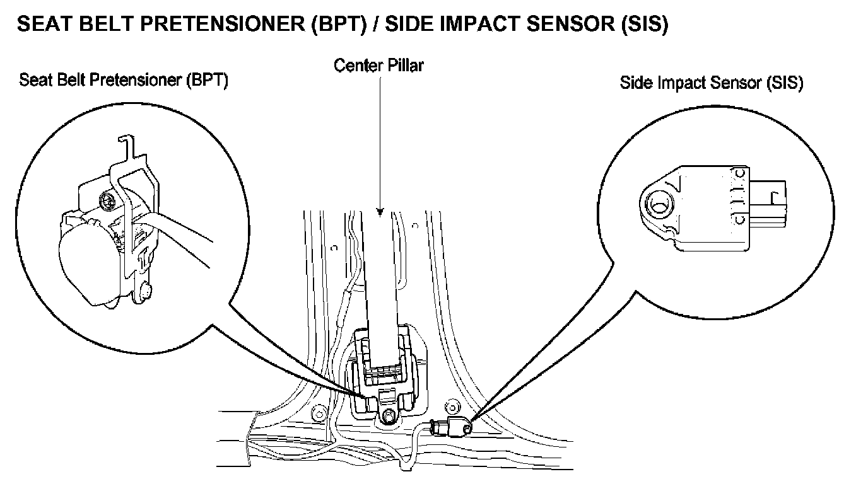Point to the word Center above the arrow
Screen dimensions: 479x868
(356, 65)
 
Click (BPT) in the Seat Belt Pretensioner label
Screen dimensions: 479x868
(205, 81)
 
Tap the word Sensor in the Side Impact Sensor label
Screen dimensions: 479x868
(731, 83)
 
